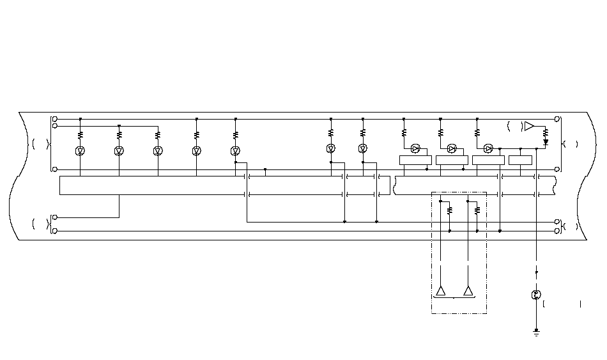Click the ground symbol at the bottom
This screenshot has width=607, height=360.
537,333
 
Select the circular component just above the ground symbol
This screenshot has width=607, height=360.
537,295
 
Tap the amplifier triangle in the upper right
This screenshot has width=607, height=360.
529,126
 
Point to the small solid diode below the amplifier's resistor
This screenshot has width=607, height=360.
546,142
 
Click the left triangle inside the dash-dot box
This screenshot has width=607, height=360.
441,291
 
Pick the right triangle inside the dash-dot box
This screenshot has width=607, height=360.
468,291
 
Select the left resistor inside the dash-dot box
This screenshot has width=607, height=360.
450,209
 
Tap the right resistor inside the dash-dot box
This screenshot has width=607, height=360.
477,209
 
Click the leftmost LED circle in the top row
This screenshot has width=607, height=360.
81,151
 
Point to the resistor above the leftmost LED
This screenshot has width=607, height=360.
81,136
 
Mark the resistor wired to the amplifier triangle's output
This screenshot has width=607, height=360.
546,133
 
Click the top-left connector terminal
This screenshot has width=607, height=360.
55,119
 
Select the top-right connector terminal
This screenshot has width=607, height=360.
557,119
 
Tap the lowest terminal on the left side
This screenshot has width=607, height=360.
55,230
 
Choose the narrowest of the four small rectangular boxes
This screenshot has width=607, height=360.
520,160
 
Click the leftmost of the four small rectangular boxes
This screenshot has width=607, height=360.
415,160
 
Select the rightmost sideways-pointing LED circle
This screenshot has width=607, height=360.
488,149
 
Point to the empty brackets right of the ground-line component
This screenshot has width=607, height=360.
562,304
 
